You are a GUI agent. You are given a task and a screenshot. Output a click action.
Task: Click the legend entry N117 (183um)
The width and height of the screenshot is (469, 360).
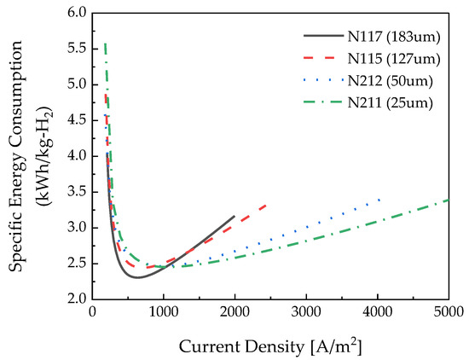391,37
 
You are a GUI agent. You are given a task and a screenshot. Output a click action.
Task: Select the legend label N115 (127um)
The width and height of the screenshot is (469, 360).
391,59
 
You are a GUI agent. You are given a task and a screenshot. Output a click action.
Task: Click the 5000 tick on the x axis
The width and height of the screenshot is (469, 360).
448,315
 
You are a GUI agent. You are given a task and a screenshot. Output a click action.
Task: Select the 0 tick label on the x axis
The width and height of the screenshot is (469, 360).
93,315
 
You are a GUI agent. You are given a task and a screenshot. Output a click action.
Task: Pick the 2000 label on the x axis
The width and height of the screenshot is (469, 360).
234,315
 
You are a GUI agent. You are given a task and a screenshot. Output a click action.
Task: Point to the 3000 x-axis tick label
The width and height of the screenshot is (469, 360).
306,315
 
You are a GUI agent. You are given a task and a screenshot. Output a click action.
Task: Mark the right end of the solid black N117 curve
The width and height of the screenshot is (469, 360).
234,217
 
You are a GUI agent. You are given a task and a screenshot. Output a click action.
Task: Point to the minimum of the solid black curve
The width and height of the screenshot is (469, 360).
137,277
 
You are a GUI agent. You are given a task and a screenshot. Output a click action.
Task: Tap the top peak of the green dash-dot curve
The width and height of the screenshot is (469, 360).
105,43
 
